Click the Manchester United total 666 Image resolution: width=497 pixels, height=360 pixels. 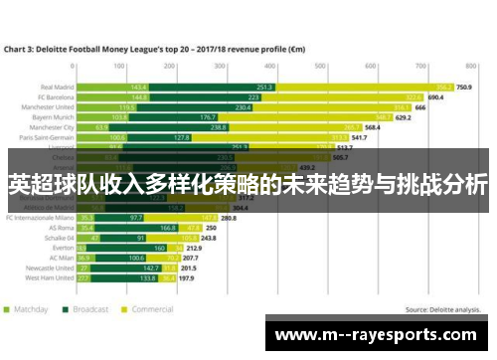click(x=420, y=106)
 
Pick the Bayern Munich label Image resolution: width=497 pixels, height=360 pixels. click(x=53, y=117)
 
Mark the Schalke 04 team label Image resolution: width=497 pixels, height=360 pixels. click(x=55, y=239)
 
